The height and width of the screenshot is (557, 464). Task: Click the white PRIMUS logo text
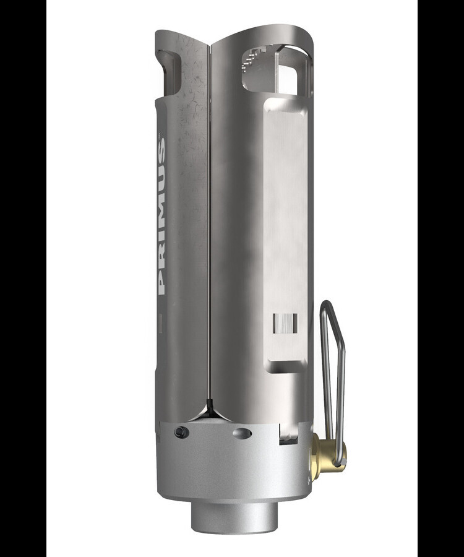coord(161,216)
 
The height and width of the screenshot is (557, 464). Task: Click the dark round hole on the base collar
coord(181,432)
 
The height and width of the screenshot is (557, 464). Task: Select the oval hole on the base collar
coord(242,433)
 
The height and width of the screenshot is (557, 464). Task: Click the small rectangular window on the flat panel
coord(285,324)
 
